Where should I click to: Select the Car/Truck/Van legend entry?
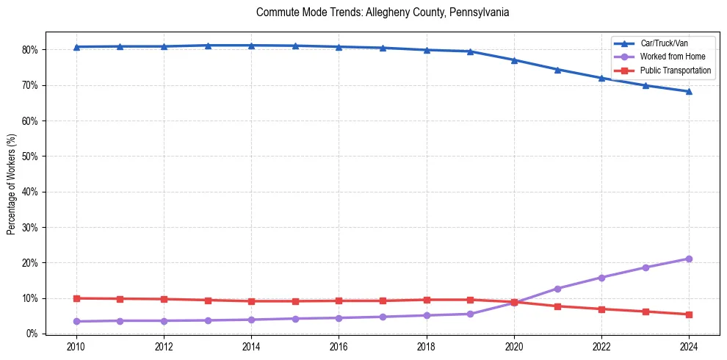pos(663,43)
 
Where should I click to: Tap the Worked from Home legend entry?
pos(673,57)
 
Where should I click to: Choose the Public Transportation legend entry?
pos(676,71)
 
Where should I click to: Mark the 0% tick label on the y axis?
pos(33,334)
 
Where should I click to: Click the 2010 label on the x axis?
pos(76,346)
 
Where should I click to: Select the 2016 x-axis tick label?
pos(339,346)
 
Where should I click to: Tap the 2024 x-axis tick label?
pos(689,346)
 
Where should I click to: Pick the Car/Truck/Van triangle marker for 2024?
pos(689,92)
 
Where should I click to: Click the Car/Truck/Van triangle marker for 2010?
pos(76,47)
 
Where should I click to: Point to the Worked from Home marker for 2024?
pos(689,259)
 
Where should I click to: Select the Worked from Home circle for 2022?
pos(601,278)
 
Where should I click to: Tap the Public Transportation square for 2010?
pos(76,298)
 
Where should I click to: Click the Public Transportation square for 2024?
pos(689,314)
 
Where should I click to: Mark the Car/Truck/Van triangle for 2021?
pos(557,70)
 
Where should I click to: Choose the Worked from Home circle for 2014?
pos(251,320)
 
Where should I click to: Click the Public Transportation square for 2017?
pos(383,300)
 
